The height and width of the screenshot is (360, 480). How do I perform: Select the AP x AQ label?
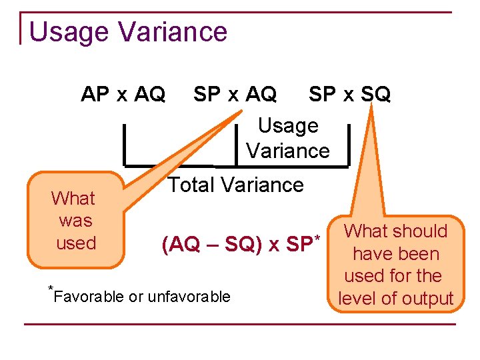[x=123, y=95]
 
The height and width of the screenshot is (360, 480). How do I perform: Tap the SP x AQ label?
[x=235, y=95]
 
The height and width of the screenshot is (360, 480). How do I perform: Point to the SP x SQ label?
[x=349, y=95]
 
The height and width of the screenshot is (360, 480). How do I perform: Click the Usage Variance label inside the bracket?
[x=288, y=138]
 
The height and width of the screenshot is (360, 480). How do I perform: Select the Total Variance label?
[x=235, y=185]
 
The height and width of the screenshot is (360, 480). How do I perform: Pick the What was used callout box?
[x=75, y=221]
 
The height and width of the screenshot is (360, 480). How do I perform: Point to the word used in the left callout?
[x=76, y=243]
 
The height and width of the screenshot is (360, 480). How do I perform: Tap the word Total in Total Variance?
[x=193, y=185]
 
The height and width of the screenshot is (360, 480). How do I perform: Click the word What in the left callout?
[x=73, y=199]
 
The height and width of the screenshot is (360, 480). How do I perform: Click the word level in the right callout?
[x=359, y=299]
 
